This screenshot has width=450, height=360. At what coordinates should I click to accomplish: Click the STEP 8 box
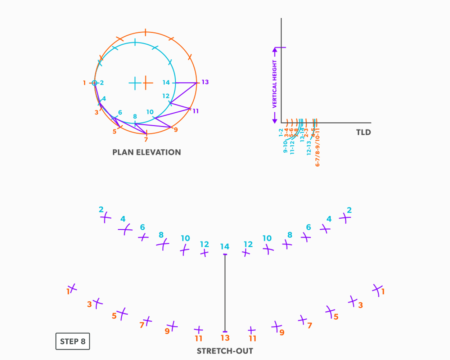click(72, 341)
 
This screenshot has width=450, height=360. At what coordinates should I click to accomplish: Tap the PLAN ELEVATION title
click(147, 152)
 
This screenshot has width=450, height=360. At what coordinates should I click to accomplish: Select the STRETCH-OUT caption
click(225, 351)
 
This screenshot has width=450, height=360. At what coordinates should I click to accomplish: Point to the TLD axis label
click(363, 132)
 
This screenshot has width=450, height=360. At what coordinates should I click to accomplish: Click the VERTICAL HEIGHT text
click(275, 84)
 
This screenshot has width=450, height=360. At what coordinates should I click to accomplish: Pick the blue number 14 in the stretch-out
click(225, 247)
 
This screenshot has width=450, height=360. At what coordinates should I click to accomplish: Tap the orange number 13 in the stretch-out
click(225, 338)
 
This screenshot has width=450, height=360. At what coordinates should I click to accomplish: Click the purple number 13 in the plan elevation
click(205, 82)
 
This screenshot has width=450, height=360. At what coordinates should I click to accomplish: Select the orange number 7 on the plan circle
click(146, 139)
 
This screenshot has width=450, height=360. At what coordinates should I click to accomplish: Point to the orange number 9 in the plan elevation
click(176, 130)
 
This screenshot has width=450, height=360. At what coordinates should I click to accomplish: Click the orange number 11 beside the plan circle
click(195, 111)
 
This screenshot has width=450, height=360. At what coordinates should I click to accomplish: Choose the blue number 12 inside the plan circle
click(166, 96)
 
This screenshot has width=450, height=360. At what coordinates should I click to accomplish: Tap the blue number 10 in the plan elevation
click(150, 112)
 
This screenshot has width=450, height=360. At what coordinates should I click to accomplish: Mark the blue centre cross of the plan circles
click(135, 83)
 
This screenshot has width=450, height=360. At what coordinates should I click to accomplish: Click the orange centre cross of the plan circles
click(147, 83)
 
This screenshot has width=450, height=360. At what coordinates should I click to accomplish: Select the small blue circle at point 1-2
click(94, 83)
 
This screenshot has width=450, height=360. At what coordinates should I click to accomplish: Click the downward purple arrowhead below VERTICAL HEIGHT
click(275, 120)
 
